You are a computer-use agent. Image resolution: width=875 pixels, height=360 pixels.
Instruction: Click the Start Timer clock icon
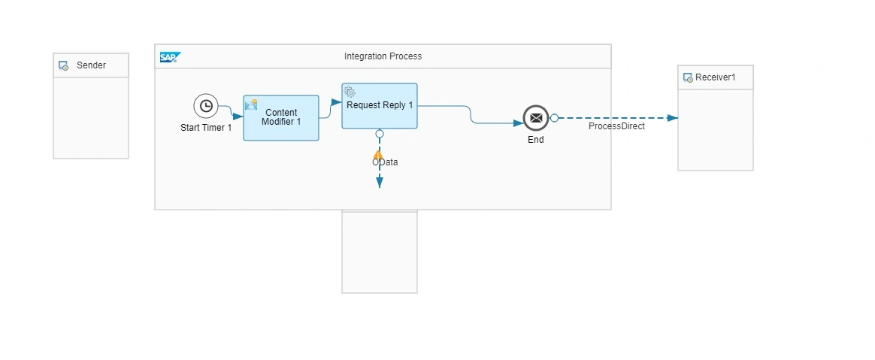coord(205,106)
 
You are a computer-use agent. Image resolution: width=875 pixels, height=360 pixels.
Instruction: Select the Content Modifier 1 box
coord(281,118)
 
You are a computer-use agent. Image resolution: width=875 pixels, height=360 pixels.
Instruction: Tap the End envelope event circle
coord(535,118)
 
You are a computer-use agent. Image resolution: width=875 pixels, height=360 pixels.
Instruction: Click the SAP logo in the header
coord(170,57)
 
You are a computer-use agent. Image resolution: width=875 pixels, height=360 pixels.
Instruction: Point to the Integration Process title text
coord(383,56)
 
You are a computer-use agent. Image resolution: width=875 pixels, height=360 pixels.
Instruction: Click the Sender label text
coord(91,65)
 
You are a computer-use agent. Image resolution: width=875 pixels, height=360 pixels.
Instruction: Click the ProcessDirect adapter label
coord(616,126)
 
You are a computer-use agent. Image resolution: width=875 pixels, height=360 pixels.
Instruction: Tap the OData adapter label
coord(385,162)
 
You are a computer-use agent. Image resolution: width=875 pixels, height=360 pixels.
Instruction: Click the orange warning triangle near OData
coord(378,156)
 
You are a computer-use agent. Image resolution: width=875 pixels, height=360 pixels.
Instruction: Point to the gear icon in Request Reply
coord(350,92)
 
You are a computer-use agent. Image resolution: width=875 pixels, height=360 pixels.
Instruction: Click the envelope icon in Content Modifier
coord(251,104)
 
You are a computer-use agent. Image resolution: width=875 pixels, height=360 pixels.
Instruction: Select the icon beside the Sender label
coord(64,66)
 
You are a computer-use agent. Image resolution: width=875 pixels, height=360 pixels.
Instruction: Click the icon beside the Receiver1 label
coord(687,77)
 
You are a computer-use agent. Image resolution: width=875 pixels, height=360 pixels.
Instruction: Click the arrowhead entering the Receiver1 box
coord(673,118)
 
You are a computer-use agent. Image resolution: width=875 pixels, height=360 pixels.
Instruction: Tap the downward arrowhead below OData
coord(379,183)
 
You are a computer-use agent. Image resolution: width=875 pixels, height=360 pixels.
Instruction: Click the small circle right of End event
coord(554,118)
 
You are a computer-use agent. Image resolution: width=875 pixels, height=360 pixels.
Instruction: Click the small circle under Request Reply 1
coord(379,133)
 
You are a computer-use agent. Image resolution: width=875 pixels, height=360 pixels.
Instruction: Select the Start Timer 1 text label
coord(205,128)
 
